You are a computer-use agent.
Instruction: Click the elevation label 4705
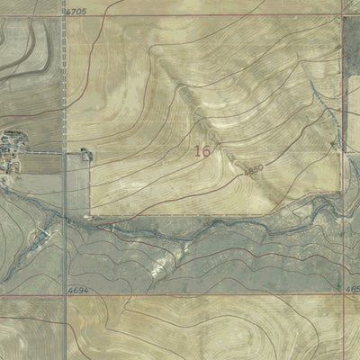(76, 12)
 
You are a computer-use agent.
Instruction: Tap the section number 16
(202, 151)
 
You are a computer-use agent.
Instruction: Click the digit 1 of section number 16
(198, 151)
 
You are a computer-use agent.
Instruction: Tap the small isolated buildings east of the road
(86, 154)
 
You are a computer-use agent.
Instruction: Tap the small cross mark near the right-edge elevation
(337, 287)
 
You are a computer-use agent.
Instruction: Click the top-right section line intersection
(342, 14)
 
